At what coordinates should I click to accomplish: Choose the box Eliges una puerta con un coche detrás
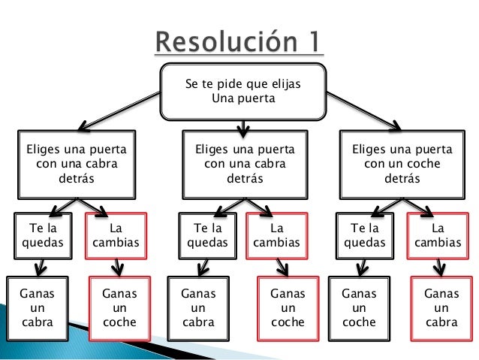click(402, 163)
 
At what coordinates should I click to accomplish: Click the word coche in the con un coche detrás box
click(423, 163)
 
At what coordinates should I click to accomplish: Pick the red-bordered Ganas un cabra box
click(441, 307)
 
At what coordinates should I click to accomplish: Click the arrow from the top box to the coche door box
click(363, 106)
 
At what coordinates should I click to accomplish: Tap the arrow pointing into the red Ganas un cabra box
click(438, 267)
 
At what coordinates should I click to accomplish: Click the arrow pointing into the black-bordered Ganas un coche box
click(362, 267)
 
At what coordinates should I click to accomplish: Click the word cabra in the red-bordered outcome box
click(441, 322)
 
